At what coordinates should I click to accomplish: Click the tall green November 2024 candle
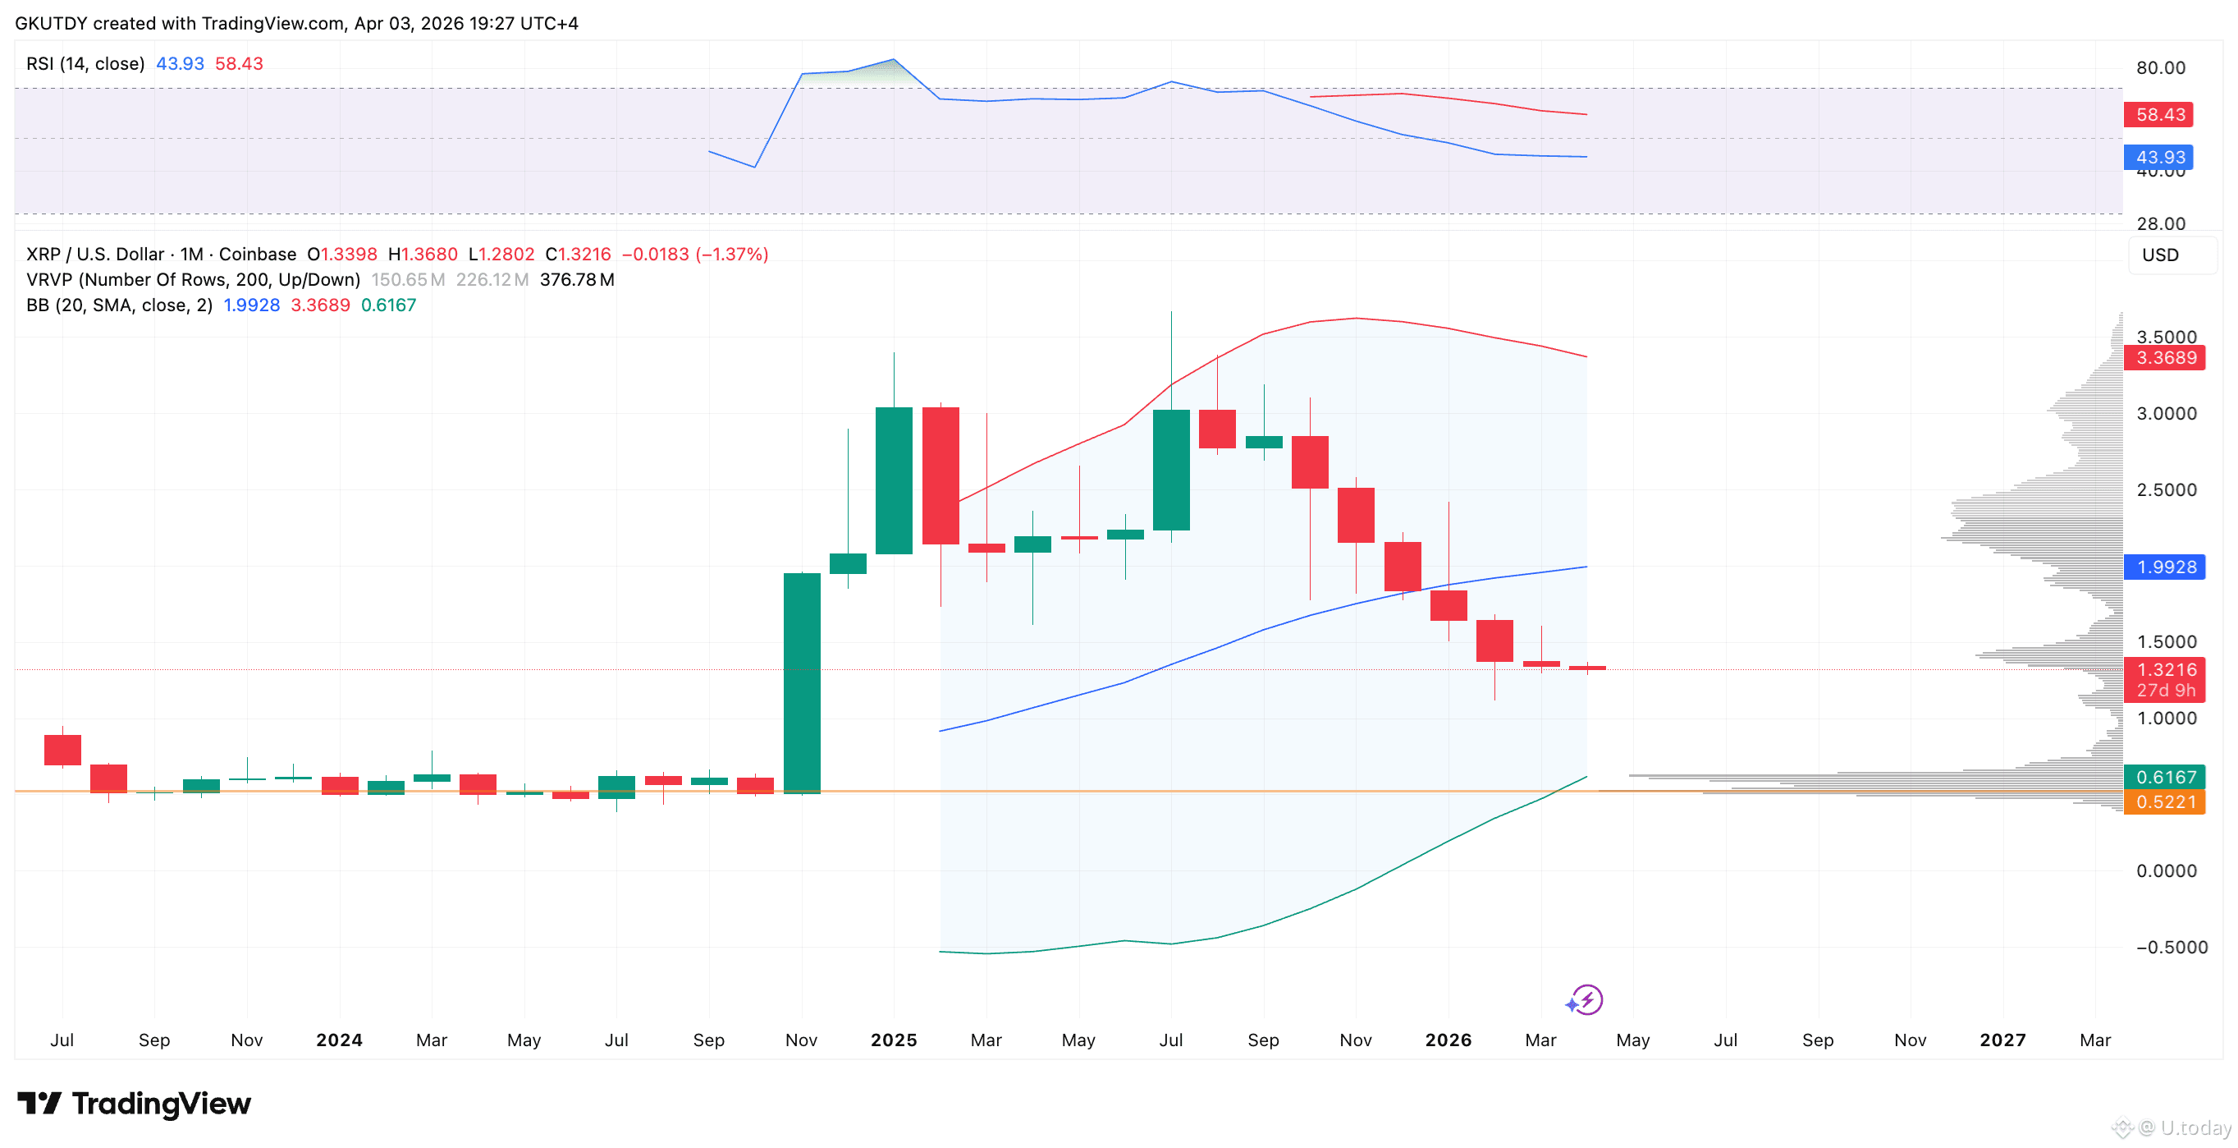point(801,683)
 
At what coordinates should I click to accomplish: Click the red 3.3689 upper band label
point(2164,358)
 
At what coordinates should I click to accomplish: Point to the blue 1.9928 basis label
point(2164,567)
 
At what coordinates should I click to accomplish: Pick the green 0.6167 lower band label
point(2164,777)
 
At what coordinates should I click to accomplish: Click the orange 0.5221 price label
point(2164,801)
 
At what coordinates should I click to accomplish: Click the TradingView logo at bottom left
point(135,1104)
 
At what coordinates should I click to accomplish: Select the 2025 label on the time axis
point(893,1040)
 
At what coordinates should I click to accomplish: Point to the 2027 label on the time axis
point(2002,1040)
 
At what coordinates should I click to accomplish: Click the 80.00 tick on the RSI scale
point(2160,68)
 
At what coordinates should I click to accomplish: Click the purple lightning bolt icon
point(1587,999)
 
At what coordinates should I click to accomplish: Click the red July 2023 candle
point(62,750)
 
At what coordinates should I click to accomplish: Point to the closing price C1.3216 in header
point(578,255)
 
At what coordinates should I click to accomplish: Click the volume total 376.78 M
point(577,280)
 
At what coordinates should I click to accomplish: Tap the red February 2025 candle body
point(940,475)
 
